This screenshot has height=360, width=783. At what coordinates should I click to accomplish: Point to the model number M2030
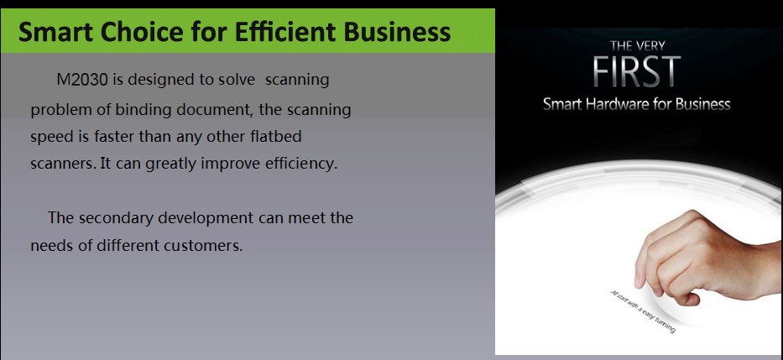[x=82, y=80]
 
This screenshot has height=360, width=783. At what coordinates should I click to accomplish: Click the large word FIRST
[x=637, y=72]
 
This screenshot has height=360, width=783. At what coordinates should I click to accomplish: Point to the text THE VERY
[x=637, y=46]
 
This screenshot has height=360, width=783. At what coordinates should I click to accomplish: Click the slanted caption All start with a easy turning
[x=643, y=311]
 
